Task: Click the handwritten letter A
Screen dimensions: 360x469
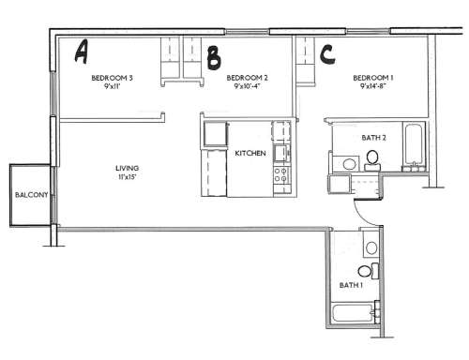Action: [x=82, y=51]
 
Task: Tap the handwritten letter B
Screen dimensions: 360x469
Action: [x=214, y=57]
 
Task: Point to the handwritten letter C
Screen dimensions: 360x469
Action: [x=327, y=53]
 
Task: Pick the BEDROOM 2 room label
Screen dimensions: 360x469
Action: [x=248, y=78]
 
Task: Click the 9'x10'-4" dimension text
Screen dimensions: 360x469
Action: [x=249, y=87]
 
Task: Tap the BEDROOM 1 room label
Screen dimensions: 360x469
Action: [x=373, y=78]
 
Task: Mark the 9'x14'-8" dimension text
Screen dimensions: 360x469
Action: [x=373, y=87]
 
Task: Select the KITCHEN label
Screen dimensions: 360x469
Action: [x=250, y=153]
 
